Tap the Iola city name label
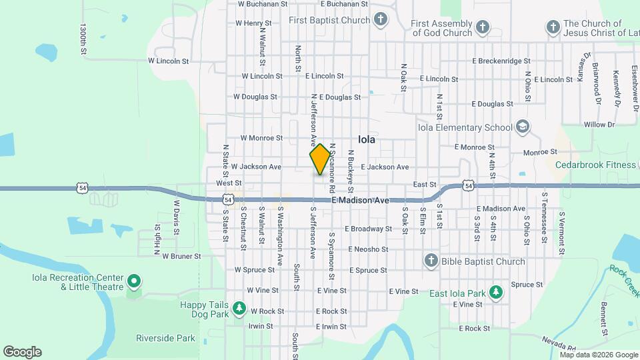click(367, 140)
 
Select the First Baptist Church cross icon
click(380, 19)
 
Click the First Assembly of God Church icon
click(483, 27)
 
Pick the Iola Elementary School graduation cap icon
click(523, 127)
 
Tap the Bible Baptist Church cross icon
click(431, 261)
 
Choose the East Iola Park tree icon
click(495, 293)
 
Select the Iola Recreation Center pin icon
click(133, 282)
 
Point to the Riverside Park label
click(165, 338)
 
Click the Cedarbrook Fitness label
click(597, 165)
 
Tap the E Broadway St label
click(368, 229)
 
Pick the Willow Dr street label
click(599, 125)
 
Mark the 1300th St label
click(83, 41)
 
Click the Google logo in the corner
click(22, 352)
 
